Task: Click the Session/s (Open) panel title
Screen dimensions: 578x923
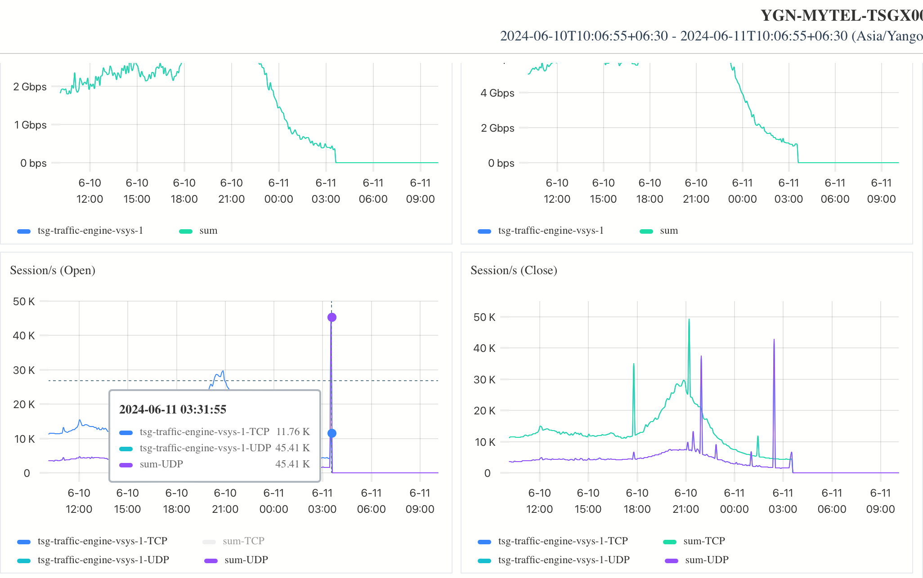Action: click(x=53, y=270)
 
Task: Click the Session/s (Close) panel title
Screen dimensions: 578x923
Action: click(x=514, y=270)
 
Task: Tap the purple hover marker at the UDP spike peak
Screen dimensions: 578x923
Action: click(x=332, y=317)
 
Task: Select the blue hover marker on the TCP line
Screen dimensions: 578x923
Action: click(x=332, y=433)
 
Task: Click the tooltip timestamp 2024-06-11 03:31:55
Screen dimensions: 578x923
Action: click(x=173, y=409)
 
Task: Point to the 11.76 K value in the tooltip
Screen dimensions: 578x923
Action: click(x=293, y=432)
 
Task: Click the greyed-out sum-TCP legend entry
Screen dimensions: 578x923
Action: click(x=243, y=541)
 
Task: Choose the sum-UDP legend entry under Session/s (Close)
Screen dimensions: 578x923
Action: click(x=706, y=560)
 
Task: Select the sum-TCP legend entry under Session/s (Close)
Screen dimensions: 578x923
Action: click(x=704, y=541)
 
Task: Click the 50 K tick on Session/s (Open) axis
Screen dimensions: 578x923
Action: click(x=24, y=302)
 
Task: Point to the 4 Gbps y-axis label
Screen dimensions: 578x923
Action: click(x=497, y=93)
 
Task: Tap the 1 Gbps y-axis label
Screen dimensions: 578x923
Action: click(x=30, y=125)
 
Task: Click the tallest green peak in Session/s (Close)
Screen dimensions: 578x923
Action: click(x=689, y=320)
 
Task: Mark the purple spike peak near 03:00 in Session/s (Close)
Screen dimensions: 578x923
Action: click(x=774, y=340)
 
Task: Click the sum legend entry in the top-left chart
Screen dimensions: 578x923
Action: click(x=208, y=231)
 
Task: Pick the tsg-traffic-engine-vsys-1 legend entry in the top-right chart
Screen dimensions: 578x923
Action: click(x=551, y=231)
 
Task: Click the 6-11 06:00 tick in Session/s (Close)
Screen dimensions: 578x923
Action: click(x=832, y=501)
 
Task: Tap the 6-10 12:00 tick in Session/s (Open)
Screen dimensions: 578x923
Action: click(x=79, y=501)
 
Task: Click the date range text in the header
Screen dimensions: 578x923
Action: click(x=711, y=36)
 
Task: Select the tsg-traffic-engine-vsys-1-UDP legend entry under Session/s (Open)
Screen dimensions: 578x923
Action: click(x=103, y=560)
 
